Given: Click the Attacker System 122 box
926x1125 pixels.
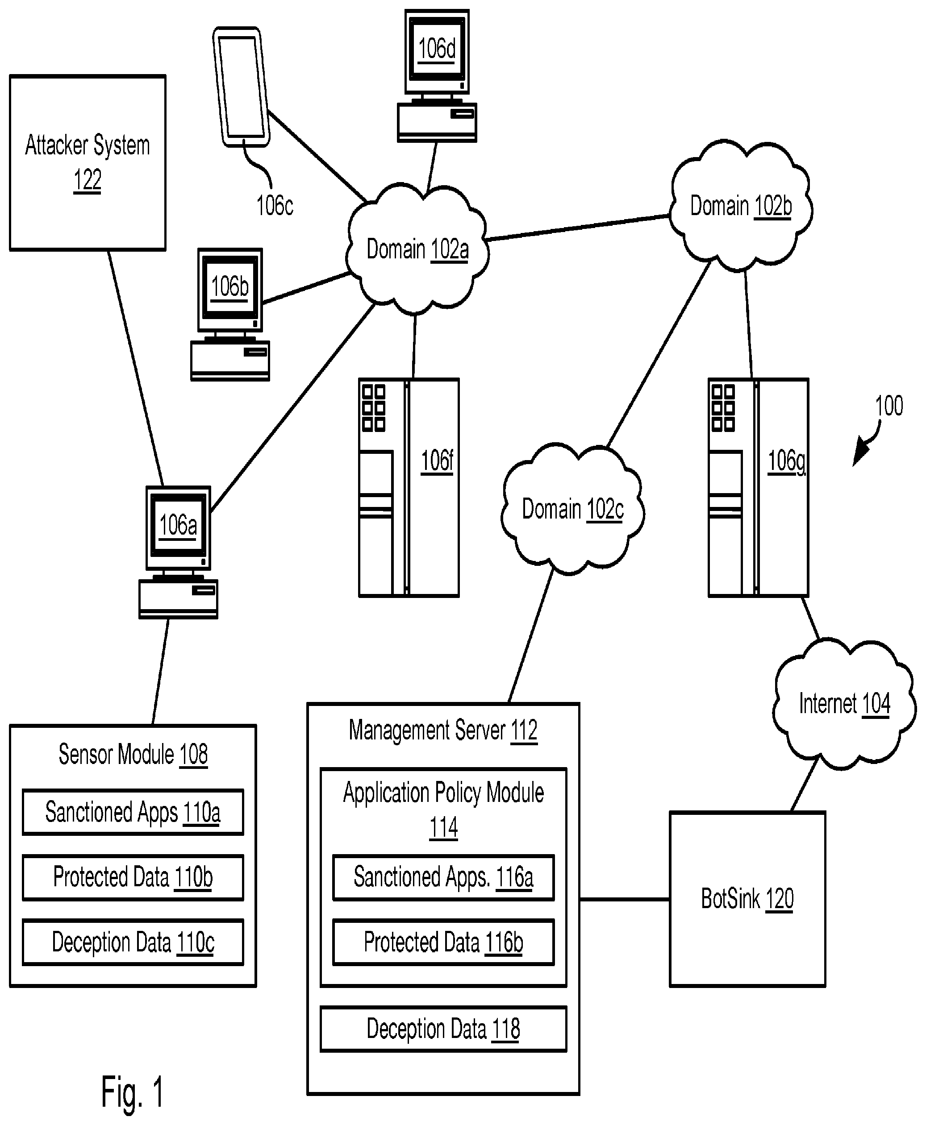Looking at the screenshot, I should [x=88, y=162].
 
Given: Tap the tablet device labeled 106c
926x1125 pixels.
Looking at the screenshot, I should [x=241, y=87].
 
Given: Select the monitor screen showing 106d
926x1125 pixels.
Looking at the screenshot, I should [x=436, y=49].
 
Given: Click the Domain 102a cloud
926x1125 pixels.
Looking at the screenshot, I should [x=417, y=249].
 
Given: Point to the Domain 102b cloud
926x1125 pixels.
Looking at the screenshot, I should [x=740, y=206].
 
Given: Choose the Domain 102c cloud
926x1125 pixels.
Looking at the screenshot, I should [x=572, y=509].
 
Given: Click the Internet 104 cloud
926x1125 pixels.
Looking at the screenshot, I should [x=844, y=704].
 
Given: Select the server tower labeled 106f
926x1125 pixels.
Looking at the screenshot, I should [x=409, y=488].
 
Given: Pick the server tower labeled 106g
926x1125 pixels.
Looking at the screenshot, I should [x=758, y=488].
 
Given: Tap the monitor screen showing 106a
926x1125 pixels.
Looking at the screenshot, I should [x=178, y=525].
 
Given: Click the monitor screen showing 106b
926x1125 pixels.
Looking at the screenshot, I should [x=230, y=287].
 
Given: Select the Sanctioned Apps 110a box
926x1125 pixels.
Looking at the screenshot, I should [x=133, y=812].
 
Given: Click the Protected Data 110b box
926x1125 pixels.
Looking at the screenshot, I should [x=133, y=877].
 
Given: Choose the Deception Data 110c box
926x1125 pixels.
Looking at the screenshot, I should [x=133, y=942].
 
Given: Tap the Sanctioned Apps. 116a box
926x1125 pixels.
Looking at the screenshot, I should [x=443, y=877].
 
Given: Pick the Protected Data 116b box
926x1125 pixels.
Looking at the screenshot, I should [x=443, y=942].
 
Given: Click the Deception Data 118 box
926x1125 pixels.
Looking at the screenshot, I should [x=443, y=1029].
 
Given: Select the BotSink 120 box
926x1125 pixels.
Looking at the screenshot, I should [x=747, y=899].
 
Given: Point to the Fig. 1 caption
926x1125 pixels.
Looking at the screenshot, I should [x=132, y=1092].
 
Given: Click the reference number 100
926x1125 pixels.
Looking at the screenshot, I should [x=888, y=406].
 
